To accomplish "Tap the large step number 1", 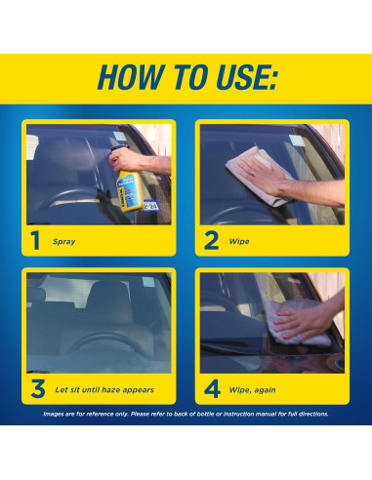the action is point(35,240).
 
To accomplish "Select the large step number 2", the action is point(212,240).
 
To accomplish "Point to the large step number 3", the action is point(38,389).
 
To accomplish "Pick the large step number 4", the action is point(212,389).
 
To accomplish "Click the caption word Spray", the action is point(64,242).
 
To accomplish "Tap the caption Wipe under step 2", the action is point(239,241).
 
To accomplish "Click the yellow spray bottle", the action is point(130,190).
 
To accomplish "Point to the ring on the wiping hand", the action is point(253,174).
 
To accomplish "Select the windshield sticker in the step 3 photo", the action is point(148,282).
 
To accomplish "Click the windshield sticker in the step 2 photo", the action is point(297,140).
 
